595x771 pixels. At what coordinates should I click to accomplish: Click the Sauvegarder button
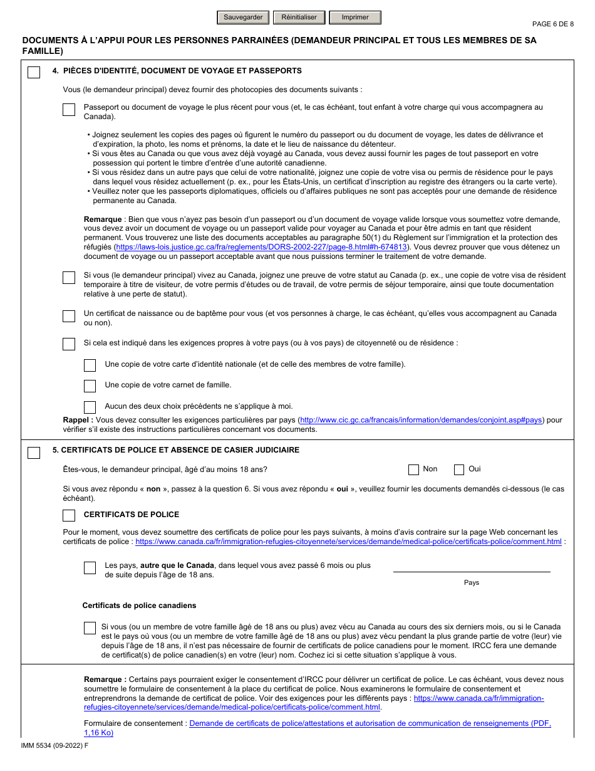(x=243, y=18)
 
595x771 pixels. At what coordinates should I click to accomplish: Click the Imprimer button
(x=355, y=18)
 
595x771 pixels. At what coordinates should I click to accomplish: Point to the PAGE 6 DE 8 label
(x=552, y=24)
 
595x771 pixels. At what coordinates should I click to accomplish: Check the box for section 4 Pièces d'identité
(x=34, y=73)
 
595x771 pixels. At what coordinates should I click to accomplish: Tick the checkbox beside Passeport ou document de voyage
(x=69, y=110)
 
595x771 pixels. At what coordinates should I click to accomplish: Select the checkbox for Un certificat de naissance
(x=69, y=316)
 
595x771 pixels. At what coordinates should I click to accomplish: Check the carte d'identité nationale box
(x=90, y=365)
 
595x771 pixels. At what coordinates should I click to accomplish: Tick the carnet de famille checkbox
(x=90, y=386)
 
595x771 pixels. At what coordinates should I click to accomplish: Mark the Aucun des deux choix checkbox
(x=90, y=407)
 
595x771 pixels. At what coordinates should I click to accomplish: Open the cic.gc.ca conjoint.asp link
(x=421, y=421)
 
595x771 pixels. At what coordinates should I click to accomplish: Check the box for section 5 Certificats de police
(x=34, y=453)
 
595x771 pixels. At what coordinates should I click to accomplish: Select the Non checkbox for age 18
(x=413, y=469)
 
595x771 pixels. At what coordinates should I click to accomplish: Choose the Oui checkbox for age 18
(x=459, y=469)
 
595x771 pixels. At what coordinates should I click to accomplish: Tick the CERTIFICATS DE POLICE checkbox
(x=69, y=515)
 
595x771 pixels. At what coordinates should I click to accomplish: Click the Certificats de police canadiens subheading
(x=139, y=606)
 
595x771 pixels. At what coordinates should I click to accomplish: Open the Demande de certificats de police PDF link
(x=370, y=723)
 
